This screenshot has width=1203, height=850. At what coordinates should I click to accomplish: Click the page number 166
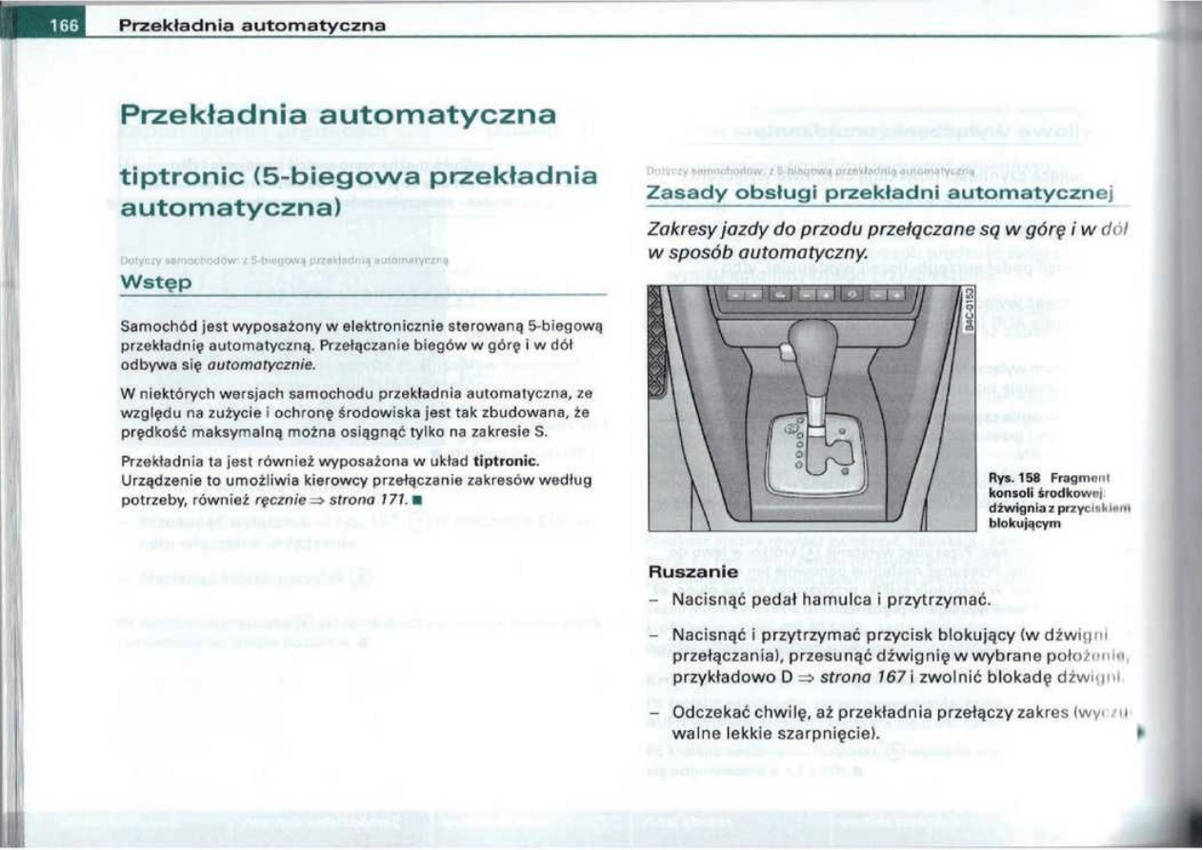click(x=64, y=26)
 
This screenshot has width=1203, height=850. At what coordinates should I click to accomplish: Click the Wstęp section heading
click(x=154, y=284)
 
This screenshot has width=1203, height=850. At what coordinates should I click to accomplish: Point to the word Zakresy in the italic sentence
click(x=681, y=230)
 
